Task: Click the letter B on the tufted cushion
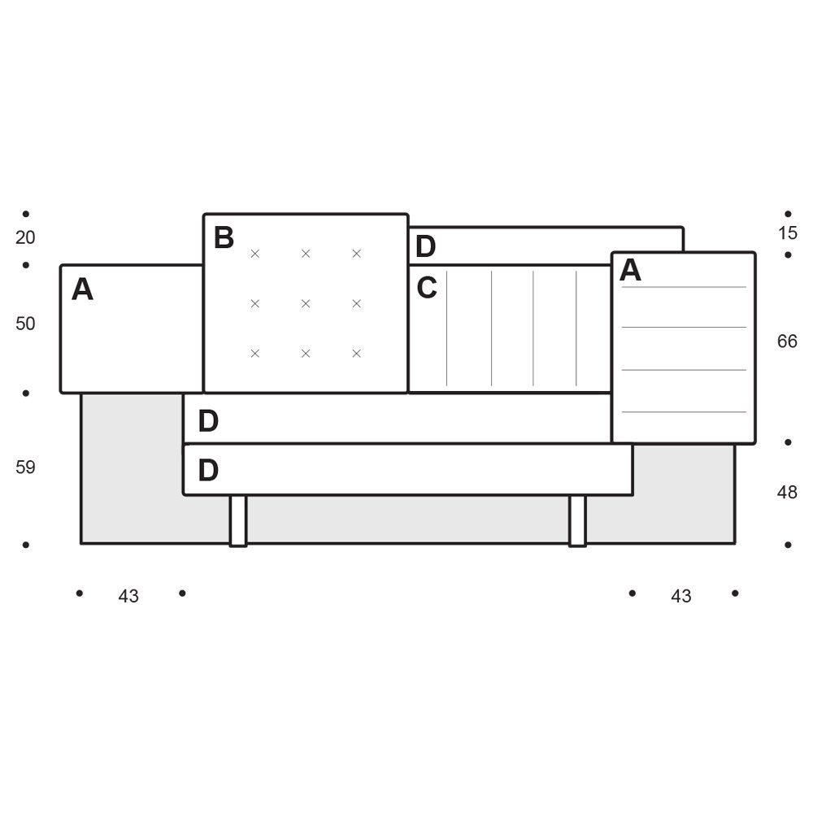point(224,237)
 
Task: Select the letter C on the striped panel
point(427,288)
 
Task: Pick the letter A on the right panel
point(631,270)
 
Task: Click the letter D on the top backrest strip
point(426,246)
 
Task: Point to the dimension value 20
point(25,237)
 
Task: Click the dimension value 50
point(25,324)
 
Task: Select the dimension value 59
point(25,467)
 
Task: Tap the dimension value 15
point(787,233)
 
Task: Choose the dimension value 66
point(787,341)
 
